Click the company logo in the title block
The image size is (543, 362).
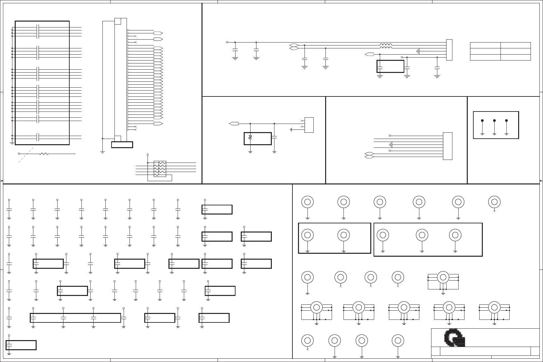click(x=454, y=338)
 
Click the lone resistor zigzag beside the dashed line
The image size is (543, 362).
click(x=44, y=154)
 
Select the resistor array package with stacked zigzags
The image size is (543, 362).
click(x=160, y=169)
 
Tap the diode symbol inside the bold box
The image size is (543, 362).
click(x=250, y=137)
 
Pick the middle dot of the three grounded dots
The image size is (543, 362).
click(x=494, y=121)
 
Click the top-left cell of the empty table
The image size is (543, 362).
click(x=485, y=45)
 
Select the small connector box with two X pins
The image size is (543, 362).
click(x=309, y=125)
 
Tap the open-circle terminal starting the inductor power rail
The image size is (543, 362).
click(x=227, y=42)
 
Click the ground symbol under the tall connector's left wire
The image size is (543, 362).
click(x=102, y=152)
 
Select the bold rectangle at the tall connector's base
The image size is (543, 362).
click(x=122, y=145)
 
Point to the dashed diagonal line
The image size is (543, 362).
click(x=26, y=155)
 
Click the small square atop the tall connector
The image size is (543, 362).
click(x=118, y=21)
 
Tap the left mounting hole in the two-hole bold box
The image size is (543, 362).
click(x=307, y=235)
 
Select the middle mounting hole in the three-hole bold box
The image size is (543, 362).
click(x=422, y=235)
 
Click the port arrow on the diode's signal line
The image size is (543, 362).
click(x=234, y=124)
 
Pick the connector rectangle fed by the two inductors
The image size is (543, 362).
click(x=449, y=50)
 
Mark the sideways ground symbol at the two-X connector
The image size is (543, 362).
click(x=291, y=129)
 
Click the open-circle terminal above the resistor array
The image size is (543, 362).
click(x=148, y=155)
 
